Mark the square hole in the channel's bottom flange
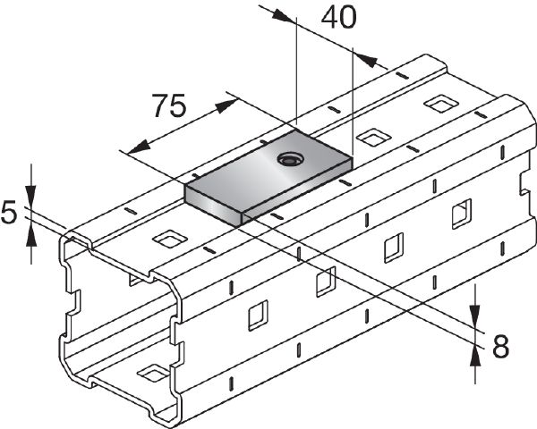coord(150,371)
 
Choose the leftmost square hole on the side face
coord(257,314)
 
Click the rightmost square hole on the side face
coord(461,214)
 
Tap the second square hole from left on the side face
coord(326,281)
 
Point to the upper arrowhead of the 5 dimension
coord(31,199)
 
